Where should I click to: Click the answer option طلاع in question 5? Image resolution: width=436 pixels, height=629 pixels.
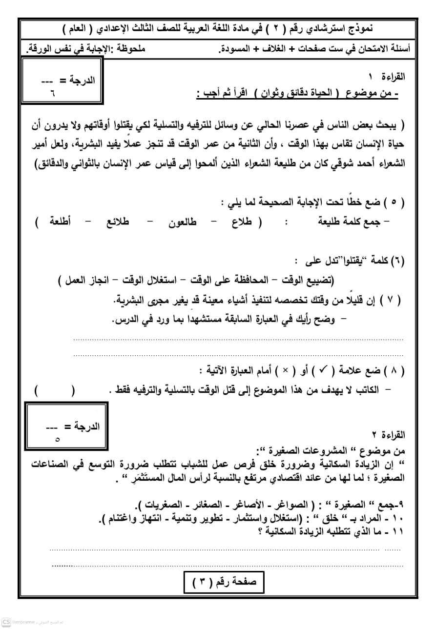pos(242,223)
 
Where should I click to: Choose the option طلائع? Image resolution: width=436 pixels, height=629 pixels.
pos(118,223)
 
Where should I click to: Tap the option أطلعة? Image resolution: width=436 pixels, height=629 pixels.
pos(61,223)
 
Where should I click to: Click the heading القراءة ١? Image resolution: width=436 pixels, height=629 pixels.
pos(386,78)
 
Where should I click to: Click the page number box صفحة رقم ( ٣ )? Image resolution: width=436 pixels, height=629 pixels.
pos(224,582)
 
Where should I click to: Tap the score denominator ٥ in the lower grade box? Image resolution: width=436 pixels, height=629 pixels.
pos(57,439)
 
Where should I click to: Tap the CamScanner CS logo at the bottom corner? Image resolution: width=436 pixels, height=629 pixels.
pos(6,622)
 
